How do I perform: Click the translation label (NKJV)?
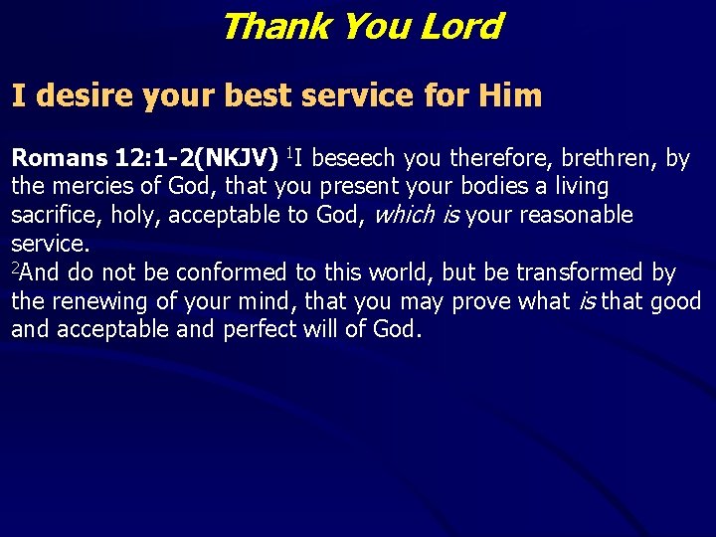(240, 157)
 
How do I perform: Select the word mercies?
(85, 186)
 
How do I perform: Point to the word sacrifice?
(49, 215)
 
